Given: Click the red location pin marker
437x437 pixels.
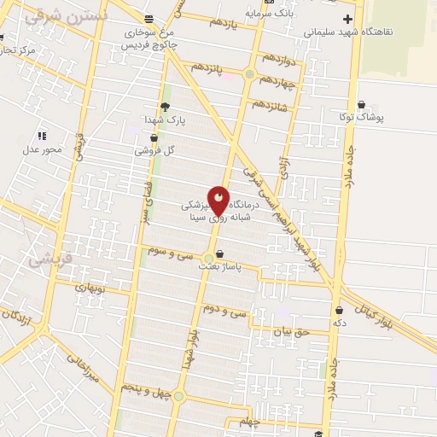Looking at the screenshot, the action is [219, 201].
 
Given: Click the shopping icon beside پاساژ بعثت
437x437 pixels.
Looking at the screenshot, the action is [220, 253].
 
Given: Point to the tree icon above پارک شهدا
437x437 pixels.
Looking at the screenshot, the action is [165, 106].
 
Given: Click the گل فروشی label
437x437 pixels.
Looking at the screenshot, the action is [154, 150].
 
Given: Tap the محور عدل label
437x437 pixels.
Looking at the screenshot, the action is [38, 149].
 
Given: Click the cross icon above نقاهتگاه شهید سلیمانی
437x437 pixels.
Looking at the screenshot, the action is [347, 19].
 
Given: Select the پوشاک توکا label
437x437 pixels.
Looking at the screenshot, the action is [373, 117].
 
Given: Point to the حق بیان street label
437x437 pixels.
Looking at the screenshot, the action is [288, 330].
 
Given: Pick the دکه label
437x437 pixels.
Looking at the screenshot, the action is [340, 323].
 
